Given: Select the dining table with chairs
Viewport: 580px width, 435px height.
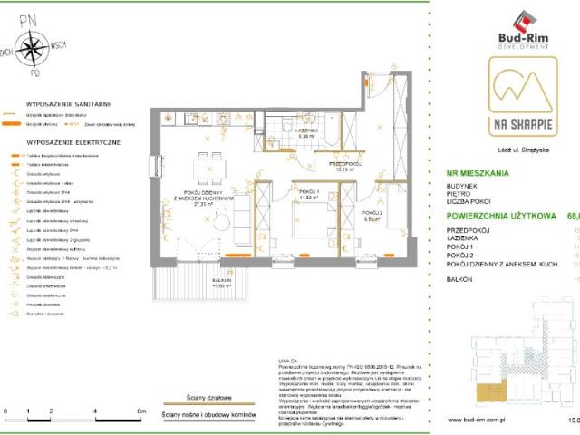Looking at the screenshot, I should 208,168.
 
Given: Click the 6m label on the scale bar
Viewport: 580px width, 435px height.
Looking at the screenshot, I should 140,411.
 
